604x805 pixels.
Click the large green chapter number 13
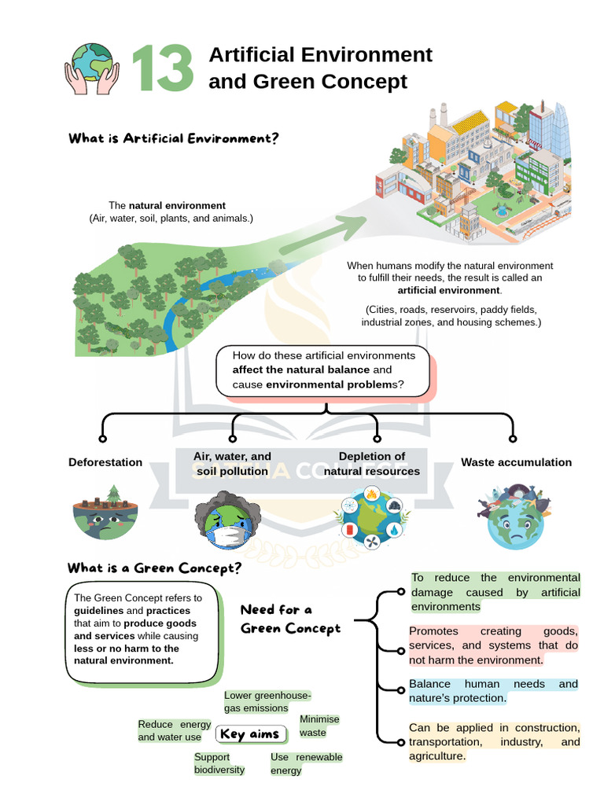click(x=163, y=68)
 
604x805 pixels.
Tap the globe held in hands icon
click(x=92, y=69)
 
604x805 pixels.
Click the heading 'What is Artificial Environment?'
click(x=174, y=138)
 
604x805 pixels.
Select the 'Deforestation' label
click(x=105, y=462)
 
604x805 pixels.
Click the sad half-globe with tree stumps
click(x=106, y=513)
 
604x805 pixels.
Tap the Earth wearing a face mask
click(x=228, y=520)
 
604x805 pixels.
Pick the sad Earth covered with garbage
click(x=514, y=516)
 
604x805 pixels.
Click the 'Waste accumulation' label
click(x=516, y=462)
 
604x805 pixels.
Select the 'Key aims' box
click(x=250, y=734)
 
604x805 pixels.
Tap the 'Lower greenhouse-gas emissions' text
click(x=267, y=702)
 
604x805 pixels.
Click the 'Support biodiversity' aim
click(x=219, y=763)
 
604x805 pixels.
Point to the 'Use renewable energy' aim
click(x=306, y=763)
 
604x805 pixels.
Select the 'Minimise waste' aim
click(x=319, y=726)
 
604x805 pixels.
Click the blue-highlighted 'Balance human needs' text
click(x=493, y=691)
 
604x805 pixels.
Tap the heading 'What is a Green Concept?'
click(x=154, y=568)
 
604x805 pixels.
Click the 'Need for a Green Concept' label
click(x=290, y=619)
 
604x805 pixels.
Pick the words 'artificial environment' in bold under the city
click(x=449, y=290)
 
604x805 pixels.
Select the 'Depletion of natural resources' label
click(x=372, y=464)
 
